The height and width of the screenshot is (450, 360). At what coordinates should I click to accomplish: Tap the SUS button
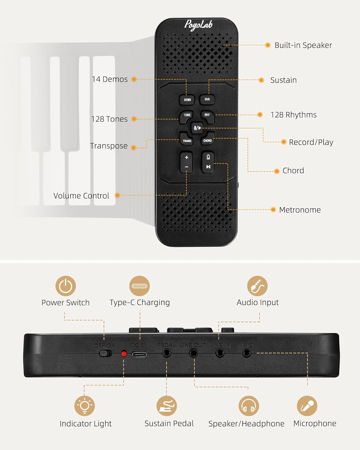click(207, 99)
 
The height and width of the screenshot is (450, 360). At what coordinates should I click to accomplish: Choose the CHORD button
click(208, 139)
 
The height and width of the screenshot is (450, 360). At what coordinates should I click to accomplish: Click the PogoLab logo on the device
click(198, 25)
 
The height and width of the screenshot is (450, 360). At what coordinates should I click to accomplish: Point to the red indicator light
click(124, 354)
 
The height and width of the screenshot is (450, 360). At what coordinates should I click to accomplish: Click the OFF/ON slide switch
click(105, 353)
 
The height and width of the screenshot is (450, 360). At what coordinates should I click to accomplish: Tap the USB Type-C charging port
click(139, 354)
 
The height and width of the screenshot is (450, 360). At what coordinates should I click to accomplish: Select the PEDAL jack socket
click(167, 353)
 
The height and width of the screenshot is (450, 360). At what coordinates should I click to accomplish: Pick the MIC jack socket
click(247, 353)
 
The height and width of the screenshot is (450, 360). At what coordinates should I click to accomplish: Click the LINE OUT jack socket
click(193, 353)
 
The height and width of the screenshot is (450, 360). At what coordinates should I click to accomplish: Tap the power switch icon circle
click(65, 286)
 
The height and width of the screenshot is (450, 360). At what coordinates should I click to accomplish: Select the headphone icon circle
click(249, 406)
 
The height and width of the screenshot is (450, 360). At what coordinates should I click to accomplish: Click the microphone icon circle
click(307, 406)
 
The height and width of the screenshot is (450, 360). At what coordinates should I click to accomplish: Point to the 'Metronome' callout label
click(300, 210)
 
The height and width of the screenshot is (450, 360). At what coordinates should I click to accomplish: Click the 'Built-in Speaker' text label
click(303, 45)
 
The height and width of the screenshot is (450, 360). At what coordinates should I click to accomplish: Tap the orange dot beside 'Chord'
click(277, 171)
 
